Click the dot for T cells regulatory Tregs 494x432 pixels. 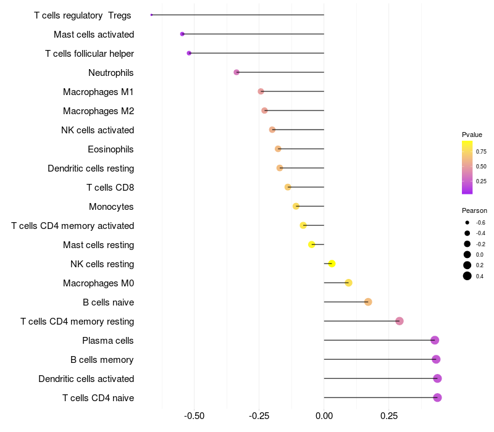(151, 15)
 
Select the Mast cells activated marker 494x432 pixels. (182, 34)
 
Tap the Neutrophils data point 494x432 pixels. (237, 72)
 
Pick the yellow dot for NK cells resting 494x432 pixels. (332, 264)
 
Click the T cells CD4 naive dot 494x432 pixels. (437, 397)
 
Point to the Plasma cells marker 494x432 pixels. (435, 340)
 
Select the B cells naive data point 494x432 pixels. (368, 302)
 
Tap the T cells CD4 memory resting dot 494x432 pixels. (400, 321)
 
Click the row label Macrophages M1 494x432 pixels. (98, 92)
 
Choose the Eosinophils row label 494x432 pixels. (111, 149)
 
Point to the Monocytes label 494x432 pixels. (111, 207)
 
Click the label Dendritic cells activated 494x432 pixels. (86, 379)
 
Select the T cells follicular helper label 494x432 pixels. (90, 54)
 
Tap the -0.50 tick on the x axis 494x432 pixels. (195, 416)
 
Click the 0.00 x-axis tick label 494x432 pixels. (324, 416)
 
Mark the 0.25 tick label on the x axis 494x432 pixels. (389, 416)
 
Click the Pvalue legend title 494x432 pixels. (472, 135)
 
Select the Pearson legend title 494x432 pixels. (474, 210)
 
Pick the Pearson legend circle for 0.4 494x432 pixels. (467, 276)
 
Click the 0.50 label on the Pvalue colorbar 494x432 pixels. (481, 167)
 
